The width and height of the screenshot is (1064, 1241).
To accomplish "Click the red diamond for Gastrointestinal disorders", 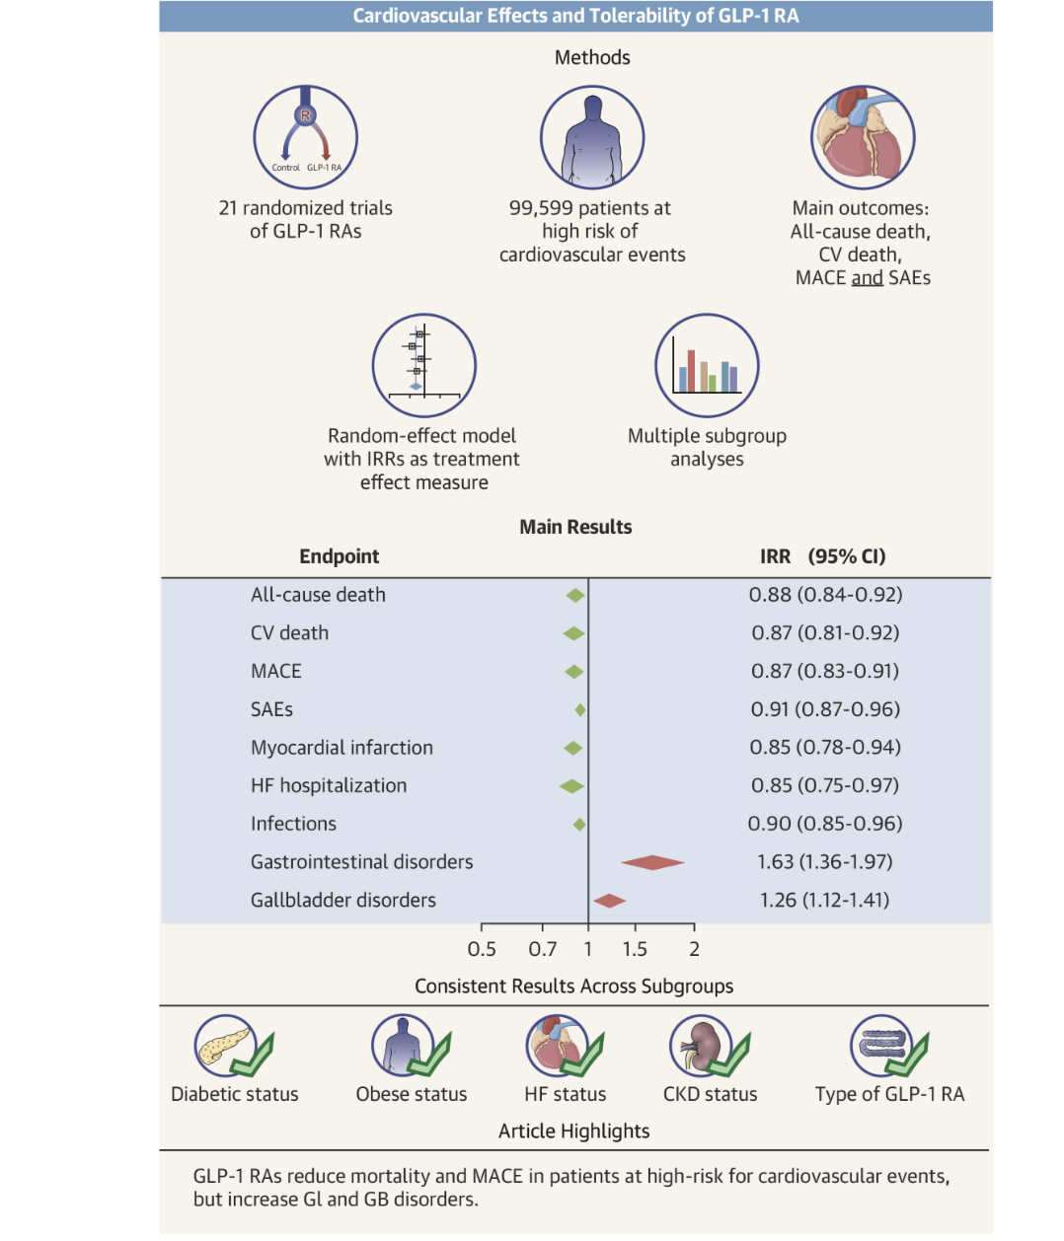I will click(x=652, y=863).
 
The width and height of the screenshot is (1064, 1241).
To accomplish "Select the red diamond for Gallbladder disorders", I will click(x=609, y=900).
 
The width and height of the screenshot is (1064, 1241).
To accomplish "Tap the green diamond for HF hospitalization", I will click(x=571, y=786).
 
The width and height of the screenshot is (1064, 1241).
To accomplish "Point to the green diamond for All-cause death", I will click(x=575, y=595).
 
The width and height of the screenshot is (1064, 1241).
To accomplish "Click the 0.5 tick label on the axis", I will click(x=482, y=949).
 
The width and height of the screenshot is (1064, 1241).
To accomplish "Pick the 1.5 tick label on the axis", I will click(x=635, y=949).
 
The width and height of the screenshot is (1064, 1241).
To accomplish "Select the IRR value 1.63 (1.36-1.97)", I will click(x=824, y=862).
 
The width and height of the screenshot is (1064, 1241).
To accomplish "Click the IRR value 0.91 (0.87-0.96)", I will click(x=824, y=709).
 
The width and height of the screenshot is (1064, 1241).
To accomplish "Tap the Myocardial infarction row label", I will click(x=342, y=748).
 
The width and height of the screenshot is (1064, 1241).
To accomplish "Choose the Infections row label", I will click(x=293, y=824).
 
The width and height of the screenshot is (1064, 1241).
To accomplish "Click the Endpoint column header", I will click(x=339, y=556).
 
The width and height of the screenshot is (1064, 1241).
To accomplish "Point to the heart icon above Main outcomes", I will click(x=863, y=138).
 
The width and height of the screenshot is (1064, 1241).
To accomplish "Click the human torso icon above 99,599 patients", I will click(x=592, y=138).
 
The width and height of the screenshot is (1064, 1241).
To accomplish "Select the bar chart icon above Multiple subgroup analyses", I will click(x=707, y=366).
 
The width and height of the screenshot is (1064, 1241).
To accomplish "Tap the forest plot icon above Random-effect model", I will click(x=423, y=366).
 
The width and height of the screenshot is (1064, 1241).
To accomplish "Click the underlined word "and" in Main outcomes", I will click(x=867, y=278).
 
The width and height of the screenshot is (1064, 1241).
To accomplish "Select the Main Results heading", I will click(x=575, y=527).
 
